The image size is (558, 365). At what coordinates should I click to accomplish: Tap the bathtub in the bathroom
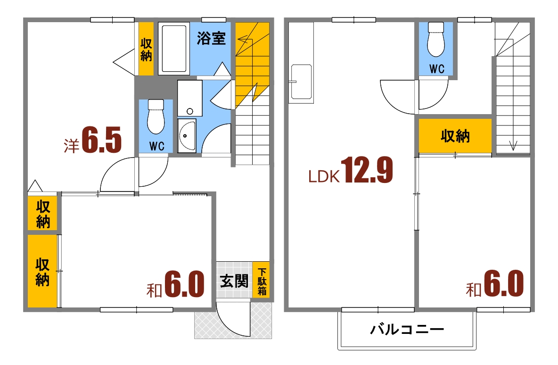[173, 48]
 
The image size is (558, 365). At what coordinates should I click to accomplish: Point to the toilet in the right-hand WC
[436, 41]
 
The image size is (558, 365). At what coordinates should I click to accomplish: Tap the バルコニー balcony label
[406, 329]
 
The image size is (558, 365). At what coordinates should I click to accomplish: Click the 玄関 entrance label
[234, 282]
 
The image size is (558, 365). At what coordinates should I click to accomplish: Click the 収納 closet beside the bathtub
[146, 49]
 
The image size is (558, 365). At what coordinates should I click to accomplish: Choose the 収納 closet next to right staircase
[455, 136]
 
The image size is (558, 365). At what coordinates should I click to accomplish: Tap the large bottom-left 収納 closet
[42, 272]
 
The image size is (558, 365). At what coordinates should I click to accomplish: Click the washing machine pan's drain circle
[190, 112]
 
